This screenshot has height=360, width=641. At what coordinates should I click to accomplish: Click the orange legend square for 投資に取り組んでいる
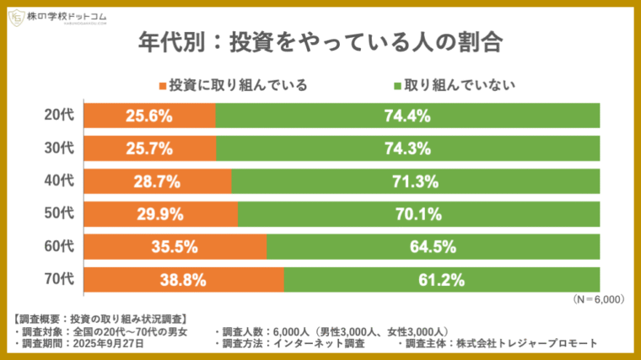coord(163,86)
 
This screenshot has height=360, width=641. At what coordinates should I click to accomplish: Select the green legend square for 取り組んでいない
coord(397,86)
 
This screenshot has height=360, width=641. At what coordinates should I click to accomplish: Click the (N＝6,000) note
coord(597,299)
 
